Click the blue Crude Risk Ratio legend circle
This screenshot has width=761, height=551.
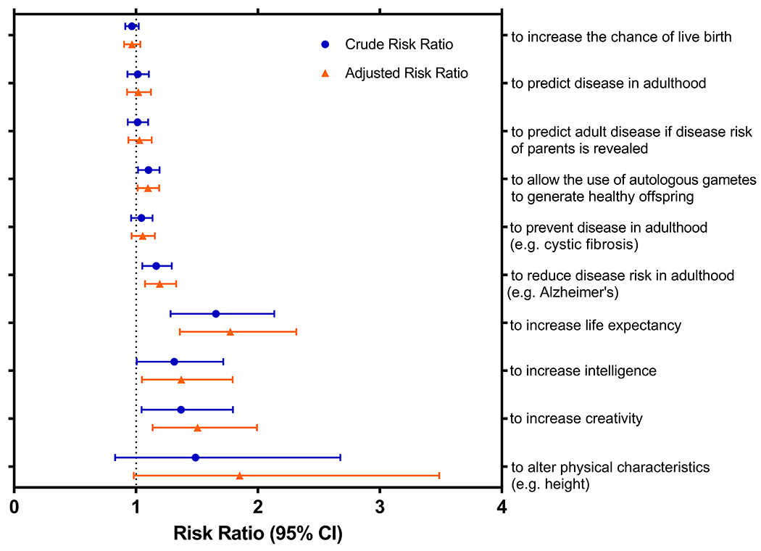click(326, 45)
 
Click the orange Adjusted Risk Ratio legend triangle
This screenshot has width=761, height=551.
click(326, 72)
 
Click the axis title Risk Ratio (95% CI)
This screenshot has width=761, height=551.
click(257, 534)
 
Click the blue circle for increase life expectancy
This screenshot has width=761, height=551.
click(215, 314)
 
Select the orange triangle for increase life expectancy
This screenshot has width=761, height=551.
click(230, 332)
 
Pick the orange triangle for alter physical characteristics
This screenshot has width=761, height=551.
click(239, 476)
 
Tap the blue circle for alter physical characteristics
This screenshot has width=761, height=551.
click(195, 457)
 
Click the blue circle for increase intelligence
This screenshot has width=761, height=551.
click(174, 362)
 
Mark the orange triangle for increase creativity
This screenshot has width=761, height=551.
click(197, 428)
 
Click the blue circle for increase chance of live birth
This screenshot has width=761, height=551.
click(131, 26)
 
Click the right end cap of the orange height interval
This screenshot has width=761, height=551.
click(438, 476)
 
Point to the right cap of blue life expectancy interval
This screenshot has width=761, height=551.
click(274, 314)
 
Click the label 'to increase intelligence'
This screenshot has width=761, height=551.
click(583, 371)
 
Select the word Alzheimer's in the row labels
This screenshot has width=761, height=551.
click(572, 293)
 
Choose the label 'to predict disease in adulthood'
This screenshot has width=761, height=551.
click(608, 83)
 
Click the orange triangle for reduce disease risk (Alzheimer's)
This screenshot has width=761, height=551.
click(159, 284)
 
